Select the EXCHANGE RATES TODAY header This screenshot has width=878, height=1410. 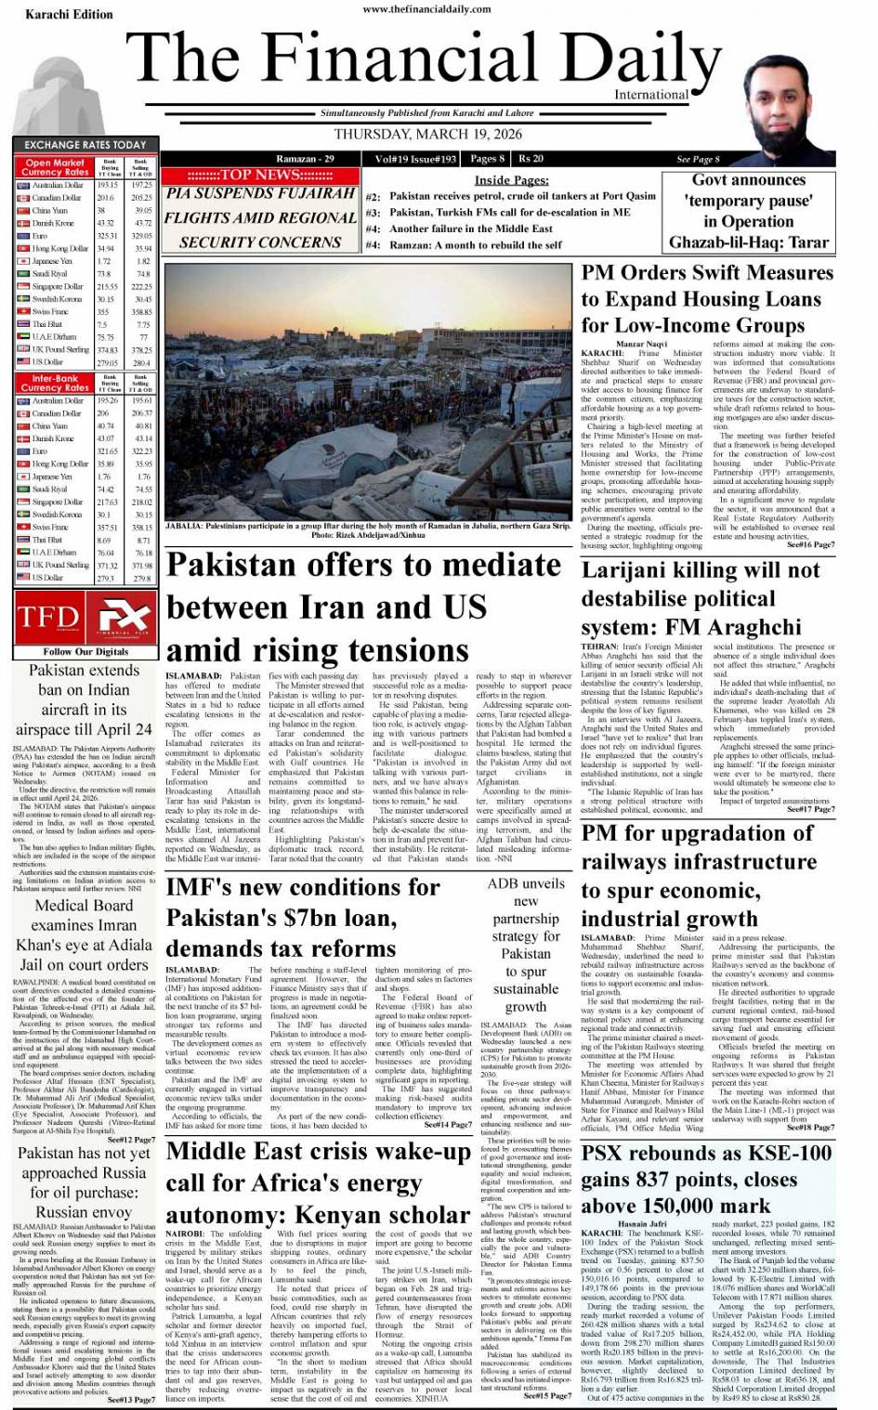coord(85,145)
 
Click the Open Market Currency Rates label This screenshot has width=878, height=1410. coord(55,167)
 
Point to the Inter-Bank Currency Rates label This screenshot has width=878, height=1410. coord(55,384)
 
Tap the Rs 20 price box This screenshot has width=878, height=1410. coord(532,159)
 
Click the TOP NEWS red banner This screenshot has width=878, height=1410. coord(260,175)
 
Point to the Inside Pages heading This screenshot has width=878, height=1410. coord(511,180)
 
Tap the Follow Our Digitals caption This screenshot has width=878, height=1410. coord(85,652)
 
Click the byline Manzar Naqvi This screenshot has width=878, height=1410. coord(642,344)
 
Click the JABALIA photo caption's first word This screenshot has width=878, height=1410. coord(184,526)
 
